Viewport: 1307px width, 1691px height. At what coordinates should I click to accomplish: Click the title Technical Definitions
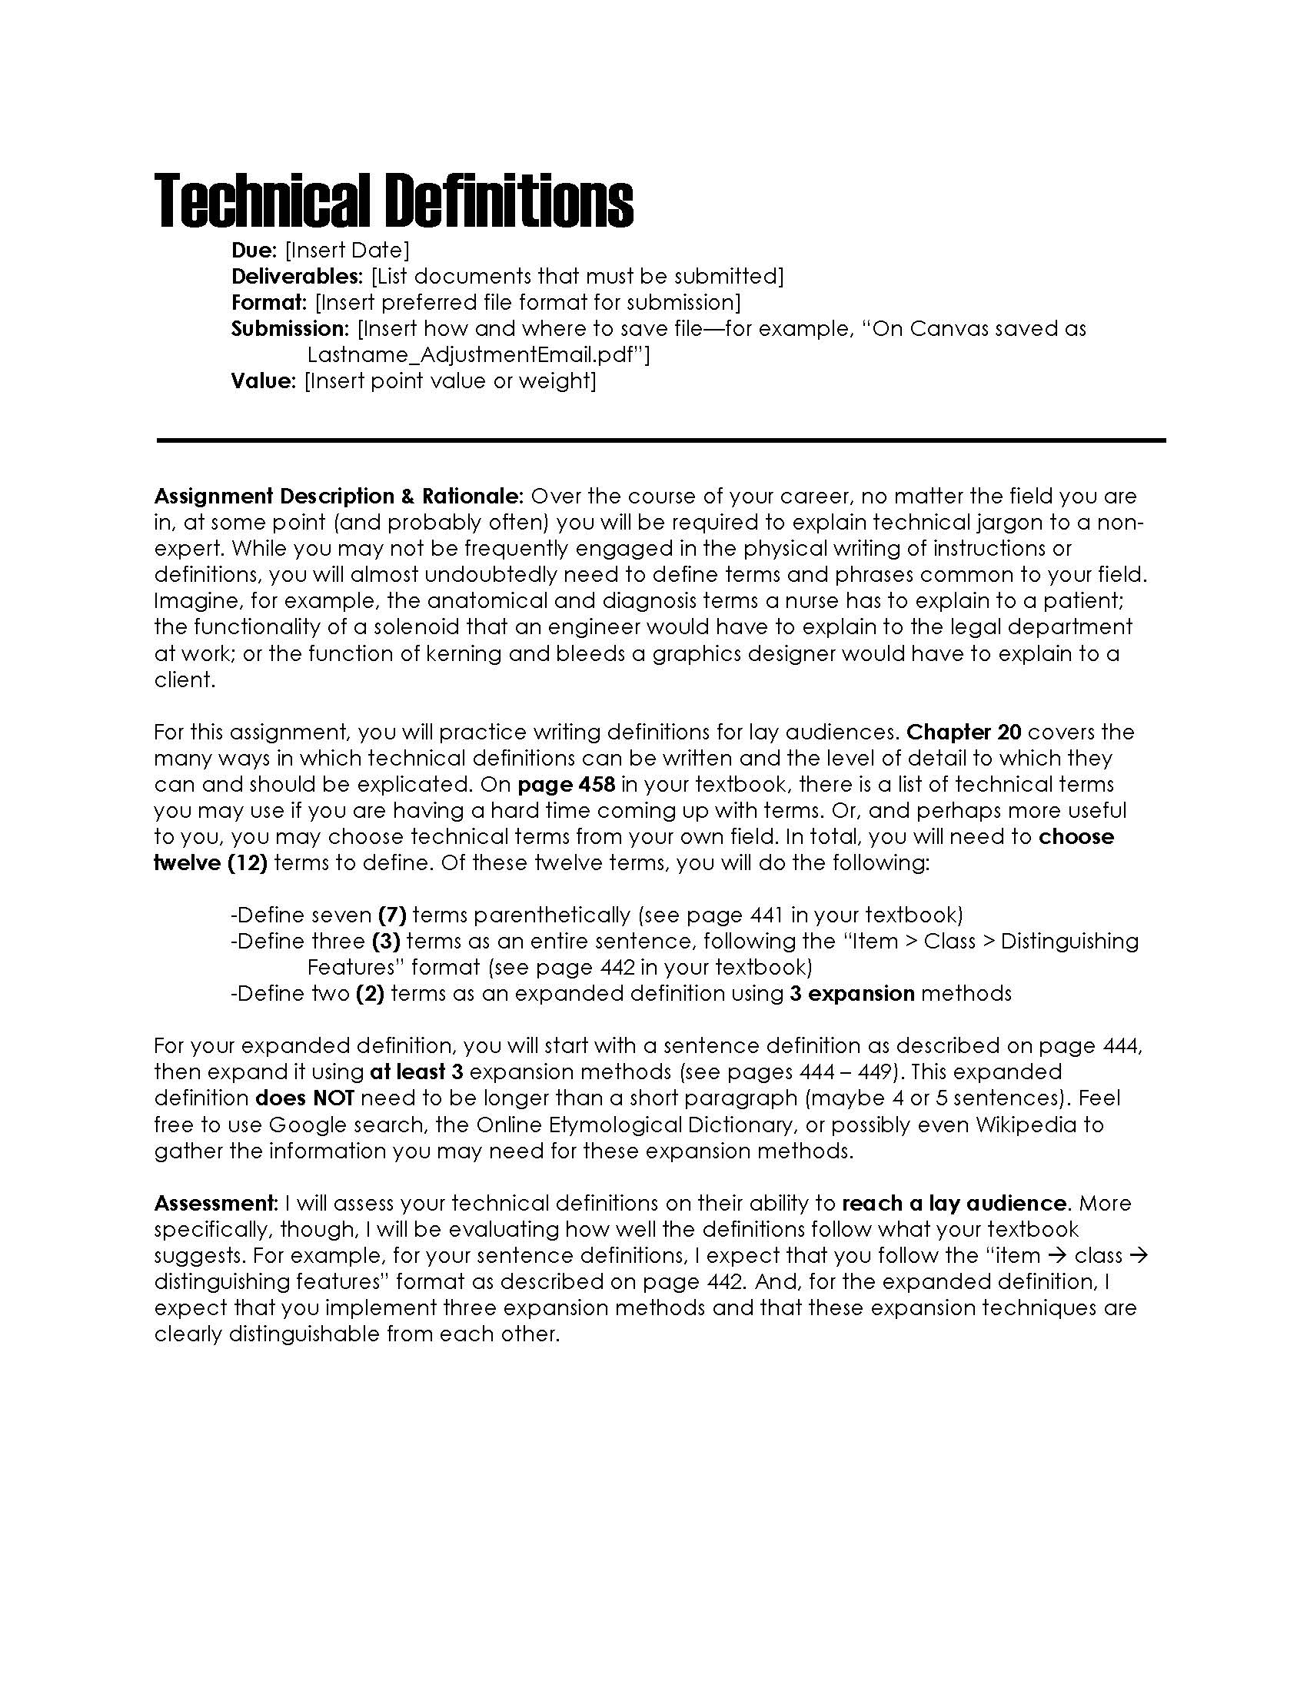[394, 201]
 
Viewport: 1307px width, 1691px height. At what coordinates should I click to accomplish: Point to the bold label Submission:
[291, 328]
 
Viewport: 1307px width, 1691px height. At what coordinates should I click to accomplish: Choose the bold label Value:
[263, 381]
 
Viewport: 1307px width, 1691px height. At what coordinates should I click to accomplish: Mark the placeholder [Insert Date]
[347, 250]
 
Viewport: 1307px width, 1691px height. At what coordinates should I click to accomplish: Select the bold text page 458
[566, 784]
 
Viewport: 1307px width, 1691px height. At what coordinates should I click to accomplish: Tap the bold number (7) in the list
[392, 915]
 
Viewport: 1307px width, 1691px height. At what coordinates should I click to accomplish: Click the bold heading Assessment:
[216, 1203]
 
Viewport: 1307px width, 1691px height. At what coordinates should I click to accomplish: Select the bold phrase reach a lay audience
[954, 1203]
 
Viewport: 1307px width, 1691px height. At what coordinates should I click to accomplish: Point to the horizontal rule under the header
[660, 440]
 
